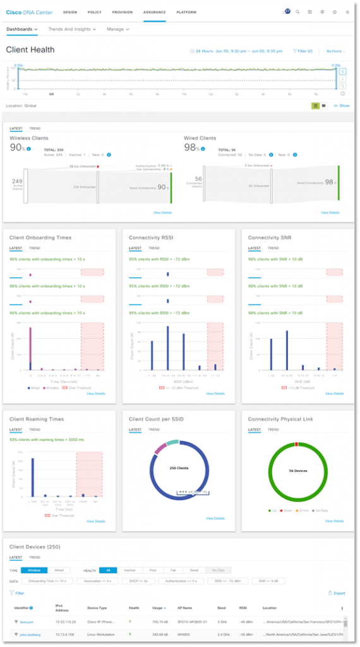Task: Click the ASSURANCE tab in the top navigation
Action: (x=154, y=12)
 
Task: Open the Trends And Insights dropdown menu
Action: (x=72, y=29)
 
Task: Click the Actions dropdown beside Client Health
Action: (x=335, y=51)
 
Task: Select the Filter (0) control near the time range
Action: (x=303, y=51)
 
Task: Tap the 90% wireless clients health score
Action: (x=17, y=147)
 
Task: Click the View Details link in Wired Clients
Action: (x=330, y=213)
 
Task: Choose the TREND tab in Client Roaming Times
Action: (x=35, y=430)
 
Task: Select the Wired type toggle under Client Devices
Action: (x=59, y=570)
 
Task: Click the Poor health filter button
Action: (x=152, y=570)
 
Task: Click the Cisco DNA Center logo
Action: (x=30, y=12)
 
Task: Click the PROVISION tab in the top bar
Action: (x=123, y=12)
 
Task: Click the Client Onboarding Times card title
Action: (x=40, y=238)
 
